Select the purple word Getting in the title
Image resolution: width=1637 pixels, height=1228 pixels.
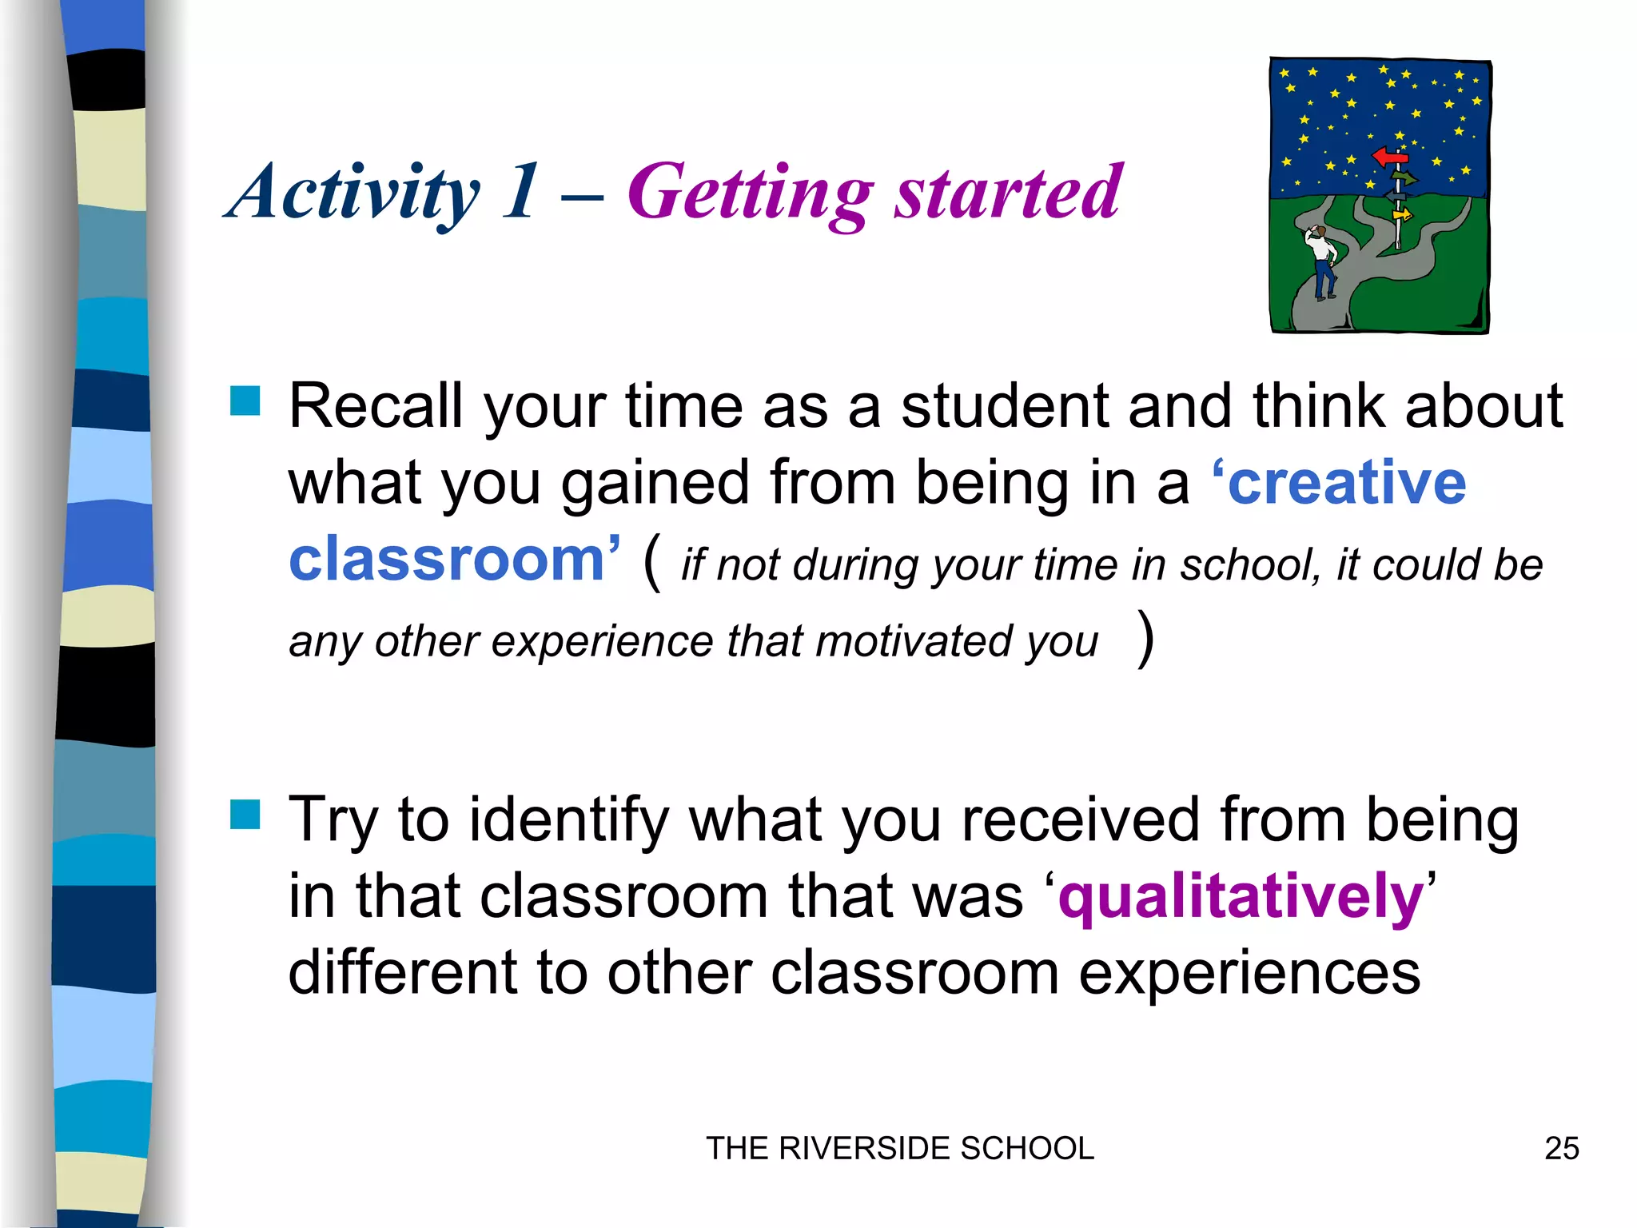[x=750, y=192]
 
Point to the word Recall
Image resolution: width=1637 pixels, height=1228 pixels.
[x=376, y=406]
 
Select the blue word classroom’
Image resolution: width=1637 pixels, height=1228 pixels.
[x=454, y=559]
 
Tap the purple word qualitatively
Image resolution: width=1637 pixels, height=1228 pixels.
[x=1241, y=897]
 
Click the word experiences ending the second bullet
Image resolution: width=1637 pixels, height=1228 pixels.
[x=1249, y=973]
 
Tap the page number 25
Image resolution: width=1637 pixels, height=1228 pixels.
[x=1561, y=1149]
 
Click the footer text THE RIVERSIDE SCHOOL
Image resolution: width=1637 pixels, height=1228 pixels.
[x=900, y=1149]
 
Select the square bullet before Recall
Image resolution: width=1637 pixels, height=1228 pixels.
[x=245, y=401]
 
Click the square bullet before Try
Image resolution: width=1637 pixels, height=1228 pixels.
[x=245, y=815]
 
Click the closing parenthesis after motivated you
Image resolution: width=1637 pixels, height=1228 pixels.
[x=1145, y=638]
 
